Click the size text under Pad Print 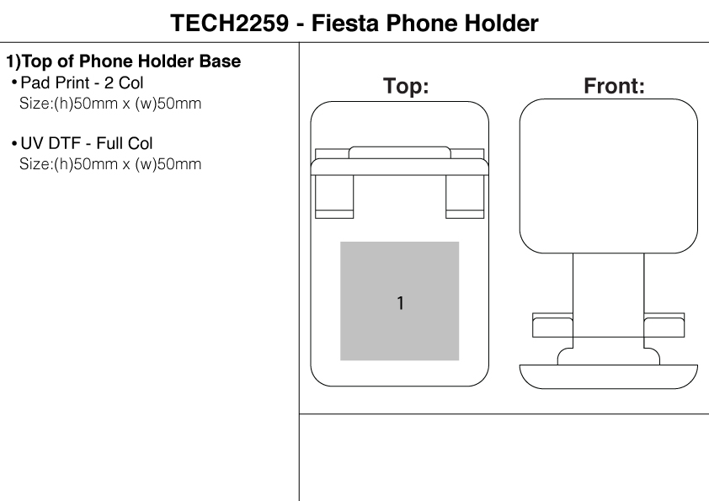[x=110, y=104]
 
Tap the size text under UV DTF [x=110, y=163]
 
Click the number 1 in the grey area [x=400, y=303]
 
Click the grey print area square [x=400, y=269]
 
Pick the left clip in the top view [x=333, y=196]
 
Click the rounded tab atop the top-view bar [x=399, y=152]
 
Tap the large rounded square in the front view [x=608, y=173]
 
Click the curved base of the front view [x=608, y=376]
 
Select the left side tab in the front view [x=552, y=325]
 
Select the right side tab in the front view [x=664, y=325]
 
